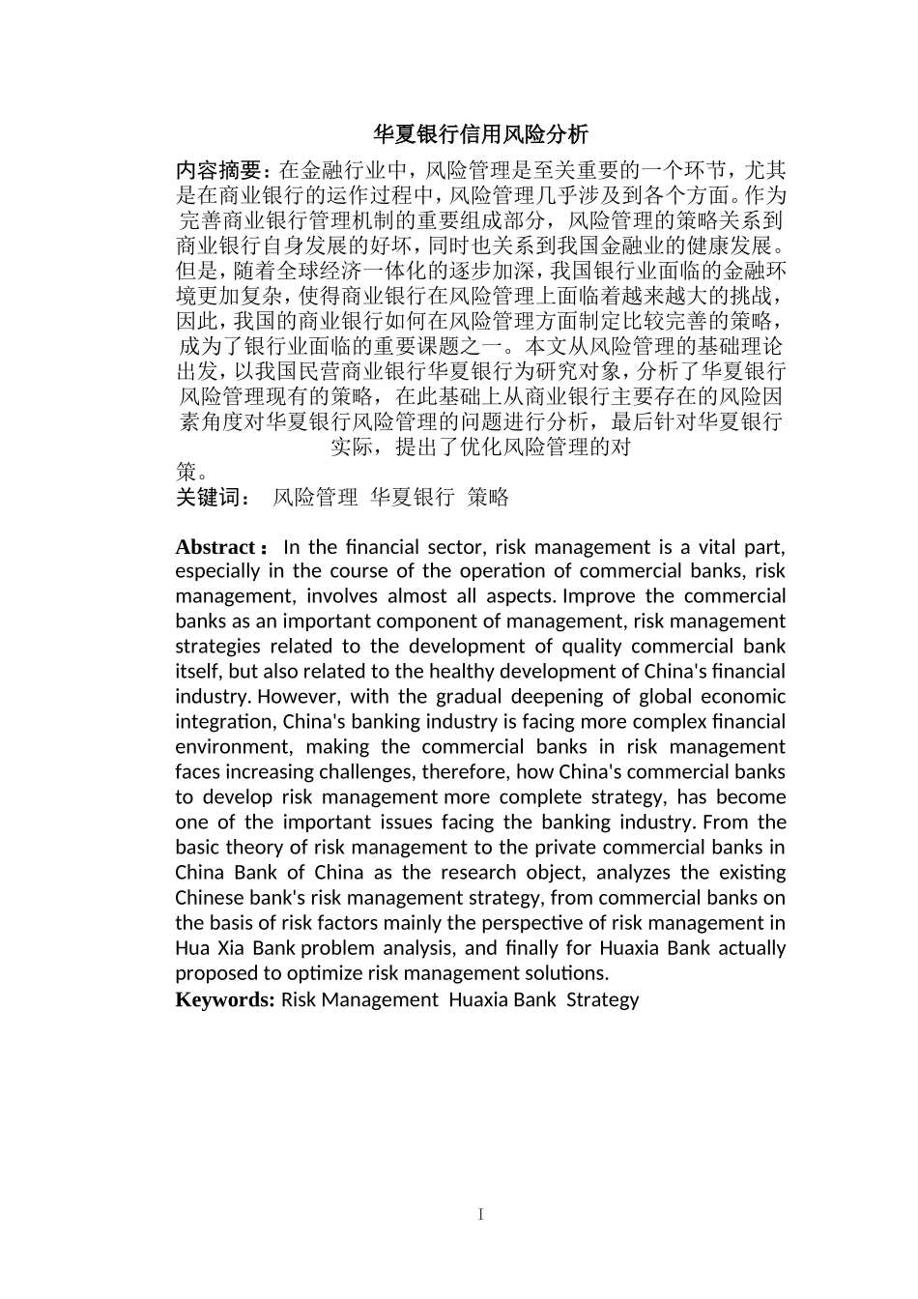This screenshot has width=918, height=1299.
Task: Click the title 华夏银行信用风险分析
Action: tap(480, 133)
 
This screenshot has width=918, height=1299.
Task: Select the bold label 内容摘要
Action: tap(218, 171)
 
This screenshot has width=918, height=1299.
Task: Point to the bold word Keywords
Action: tap(225, 999)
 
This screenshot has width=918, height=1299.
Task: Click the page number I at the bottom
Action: tap(480, 1214)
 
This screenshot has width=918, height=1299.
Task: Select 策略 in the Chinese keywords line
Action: tap(488, 498)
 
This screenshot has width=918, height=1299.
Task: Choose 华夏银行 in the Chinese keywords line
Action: tap(412, 498)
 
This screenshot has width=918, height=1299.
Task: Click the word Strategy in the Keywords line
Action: tap(602, 999)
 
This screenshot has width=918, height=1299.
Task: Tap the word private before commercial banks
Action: tap(610, 848)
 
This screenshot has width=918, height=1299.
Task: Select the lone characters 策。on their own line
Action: tap(191, 473)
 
